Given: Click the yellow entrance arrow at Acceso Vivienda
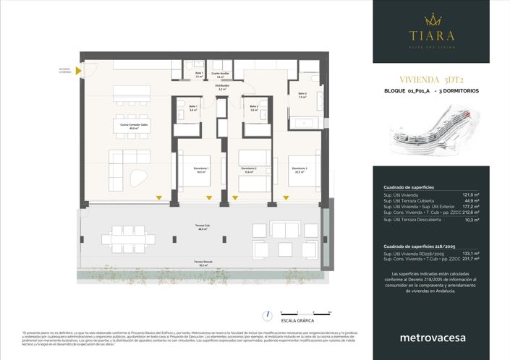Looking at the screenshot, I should (85, 70).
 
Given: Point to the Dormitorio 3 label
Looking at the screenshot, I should (299, 171).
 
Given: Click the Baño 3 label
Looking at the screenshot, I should (302, 95).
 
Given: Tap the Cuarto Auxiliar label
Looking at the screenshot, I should (221, 74).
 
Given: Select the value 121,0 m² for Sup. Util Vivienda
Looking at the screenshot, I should (472, 194).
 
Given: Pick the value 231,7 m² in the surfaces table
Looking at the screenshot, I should (471, 258).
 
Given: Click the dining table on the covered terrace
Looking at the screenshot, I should (127, 238).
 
